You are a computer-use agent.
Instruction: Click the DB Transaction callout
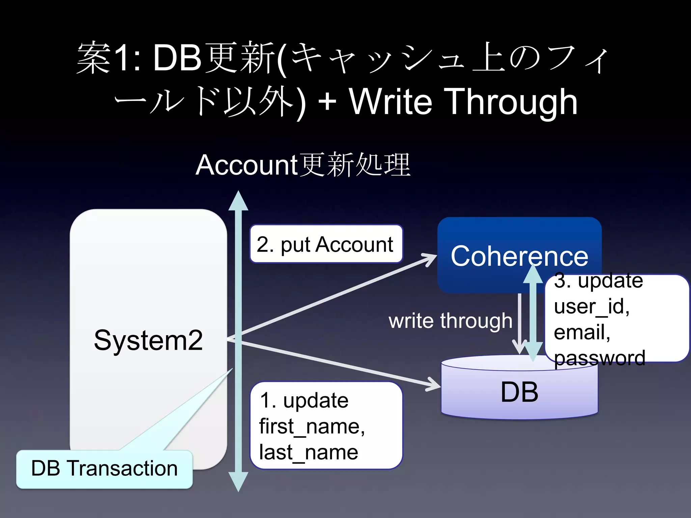104,469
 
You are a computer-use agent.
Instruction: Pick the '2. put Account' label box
325,244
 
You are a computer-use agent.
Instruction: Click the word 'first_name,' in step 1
312,426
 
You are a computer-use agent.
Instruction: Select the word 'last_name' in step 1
308,452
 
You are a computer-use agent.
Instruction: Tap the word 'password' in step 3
599,358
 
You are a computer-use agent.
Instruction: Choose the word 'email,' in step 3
582,332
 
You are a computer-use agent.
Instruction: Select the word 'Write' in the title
390,101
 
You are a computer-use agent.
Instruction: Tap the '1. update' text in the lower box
304,401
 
